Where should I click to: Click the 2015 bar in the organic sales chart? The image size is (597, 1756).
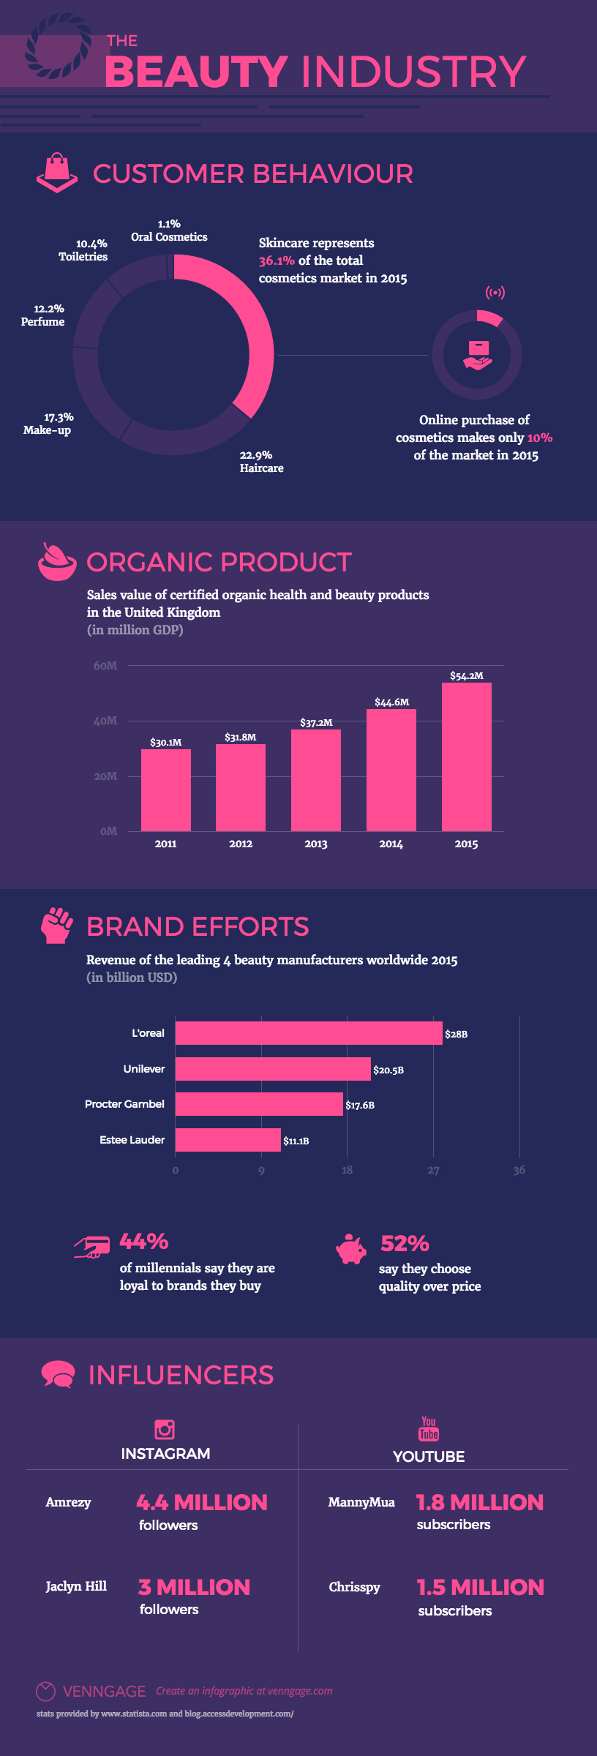466,757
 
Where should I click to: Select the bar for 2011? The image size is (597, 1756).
166,790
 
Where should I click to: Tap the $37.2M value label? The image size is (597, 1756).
316,722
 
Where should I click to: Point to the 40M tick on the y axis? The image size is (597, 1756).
105,721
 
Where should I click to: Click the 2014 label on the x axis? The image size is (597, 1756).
391,844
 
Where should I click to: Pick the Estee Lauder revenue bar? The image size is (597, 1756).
228,1140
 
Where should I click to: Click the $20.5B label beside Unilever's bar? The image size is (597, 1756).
388,1070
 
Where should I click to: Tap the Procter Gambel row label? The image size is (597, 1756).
124,1104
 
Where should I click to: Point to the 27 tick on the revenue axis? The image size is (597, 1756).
433,1171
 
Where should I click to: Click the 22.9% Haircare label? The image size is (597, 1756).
261,462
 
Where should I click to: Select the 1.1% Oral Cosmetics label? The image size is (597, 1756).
169,230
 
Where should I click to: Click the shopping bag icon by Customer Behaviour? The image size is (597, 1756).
56,173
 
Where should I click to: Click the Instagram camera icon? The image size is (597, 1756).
165,1429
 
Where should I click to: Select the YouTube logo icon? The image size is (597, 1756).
429,1428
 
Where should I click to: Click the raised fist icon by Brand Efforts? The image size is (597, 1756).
56,926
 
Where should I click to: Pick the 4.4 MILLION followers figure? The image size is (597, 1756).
202,1502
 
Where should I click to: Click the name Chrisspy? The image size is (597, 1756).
354,1587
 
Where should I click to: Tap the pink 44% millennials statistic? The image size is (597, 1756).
144,1242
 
